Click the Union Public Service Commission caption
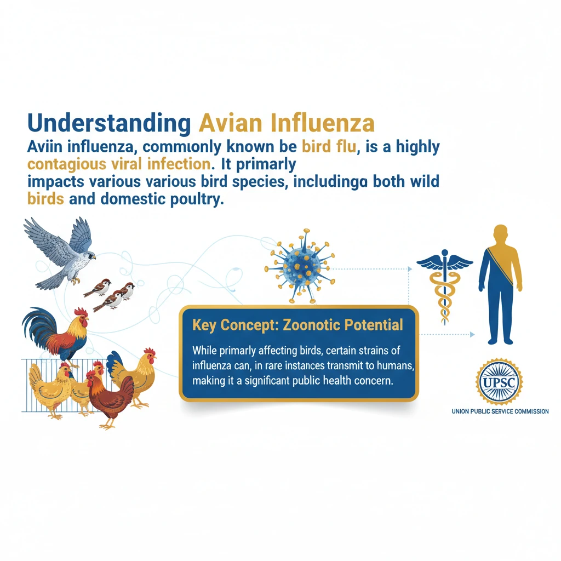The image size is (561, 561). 500,411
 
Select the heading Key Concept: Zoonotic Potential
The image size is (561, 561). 297,325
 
